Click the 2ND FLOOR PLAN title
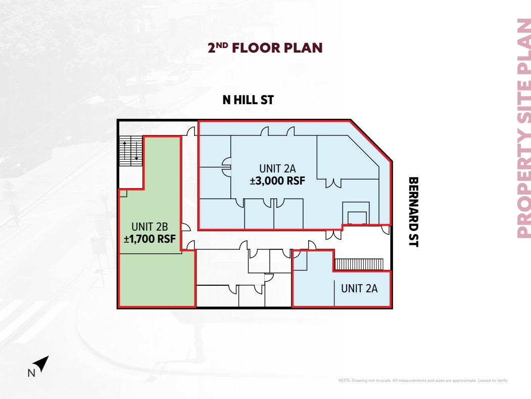pos(265,48)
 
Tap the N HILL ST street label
pos(248,100)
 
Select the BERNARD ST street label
pos(413,211)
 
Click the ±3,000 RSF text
pos(277,181)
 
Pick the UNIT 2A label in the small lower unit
pos(359,288)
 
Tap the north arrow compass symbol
pos(41,363)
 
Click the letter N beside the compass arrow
pos(30,374)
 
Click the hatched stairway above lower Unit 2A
pos(360,264)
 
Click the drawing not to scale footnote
pos(422,380)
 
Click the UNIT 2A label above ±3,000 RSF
pos(277,169)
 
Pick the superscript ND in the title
pos(222,45)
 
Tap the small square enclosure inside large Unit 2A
pos(356,212)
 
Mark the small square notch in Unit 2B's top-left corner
pos(123,193)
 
